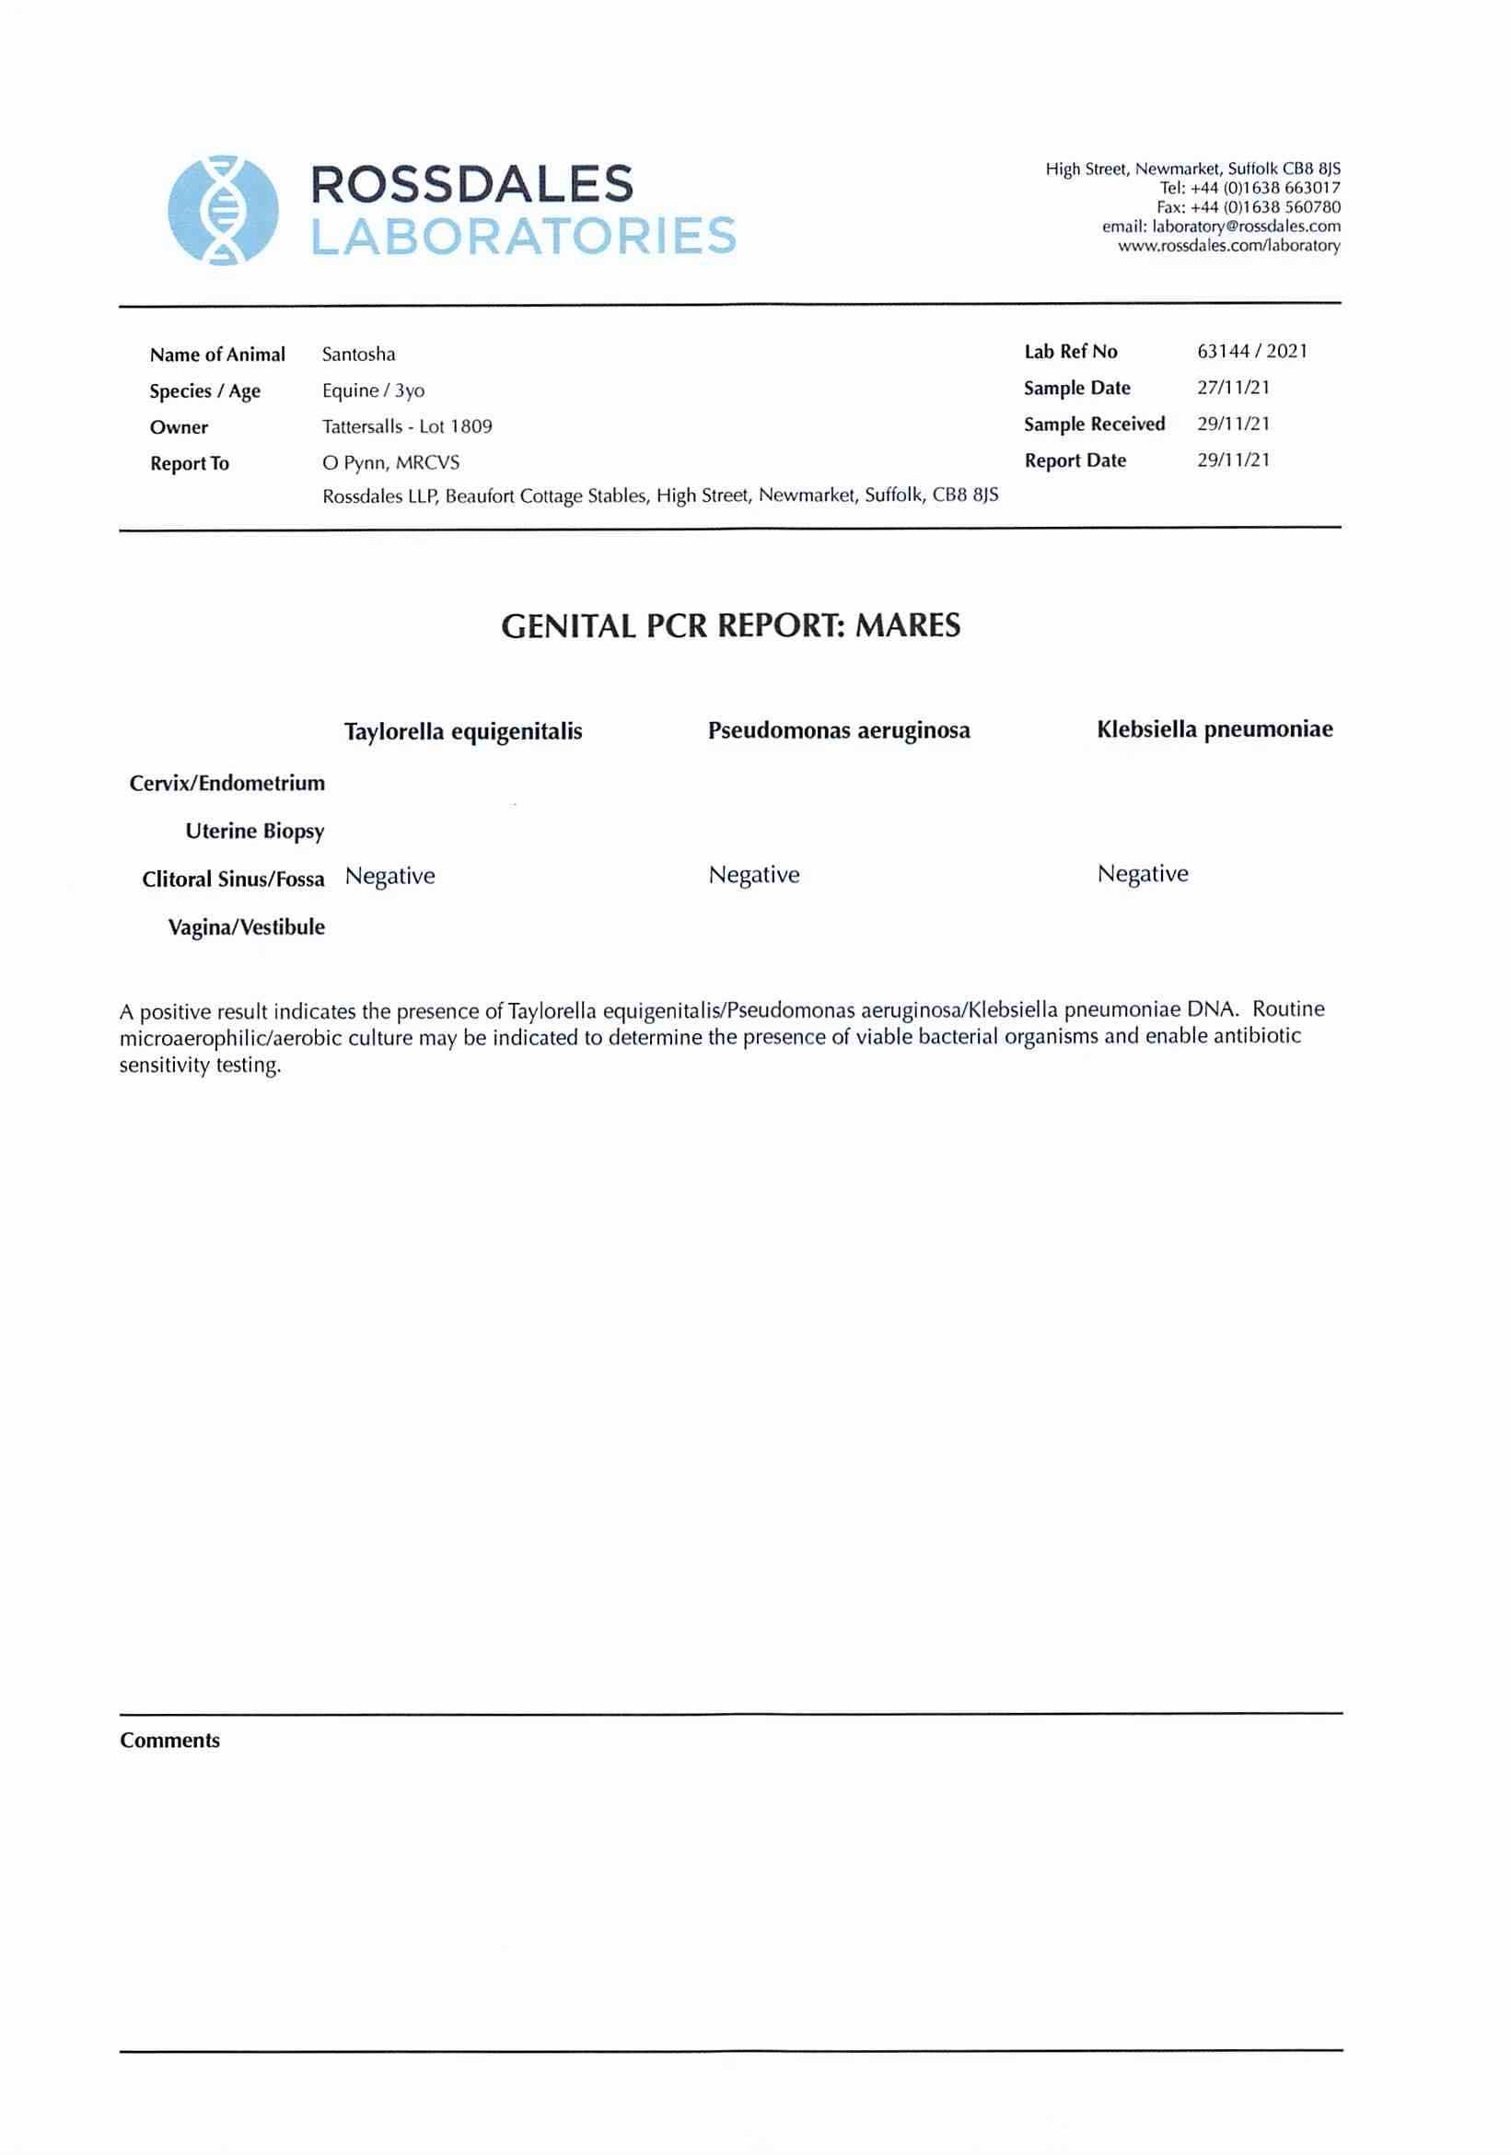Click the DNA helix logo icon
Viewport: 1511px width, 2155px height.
coord(224,209)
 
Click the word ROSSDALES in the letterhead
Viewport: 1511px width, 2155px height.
coord(471,184)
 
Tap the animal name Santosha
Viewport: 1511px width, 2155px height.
coord(358,355)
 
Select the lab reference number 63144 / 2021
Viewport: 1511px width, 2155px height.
coord(1251,352)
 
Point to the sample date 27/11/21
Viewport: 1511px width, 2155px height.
coord(1232,388)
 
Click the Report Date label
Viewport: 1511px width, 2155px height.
coord(1075,460)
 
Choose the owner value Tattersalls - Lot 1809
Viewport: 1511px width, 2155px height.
coord(407,427)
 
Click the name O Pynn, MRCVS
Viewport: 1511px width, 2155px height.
coord(390,462)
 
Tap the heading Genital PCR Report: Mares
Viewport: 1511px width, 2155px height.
coord(730,626)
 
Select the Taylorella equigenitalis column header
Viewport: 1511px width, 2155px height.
coord(462,731)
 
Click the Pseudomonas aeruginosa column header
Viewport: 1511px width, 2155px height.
coord(838,730)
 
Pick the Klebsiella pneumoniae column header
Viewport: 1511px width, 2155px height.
coord(1215,729)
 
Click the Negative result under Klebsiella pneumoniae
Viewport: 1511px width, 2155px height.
coord(1142,874)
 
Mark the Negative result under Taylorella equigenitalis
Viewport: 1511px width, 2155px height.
coord(389,876)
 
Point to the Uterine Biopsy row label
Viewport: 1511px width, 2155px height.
coord(254,832)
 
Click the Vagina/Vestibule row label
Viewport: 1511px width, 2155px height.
coord(246,927)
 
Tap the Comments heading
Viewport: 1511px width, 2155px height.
coord(169,1741)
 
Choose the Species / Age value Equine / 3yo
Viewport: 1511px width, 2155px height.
coord(373,390)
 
